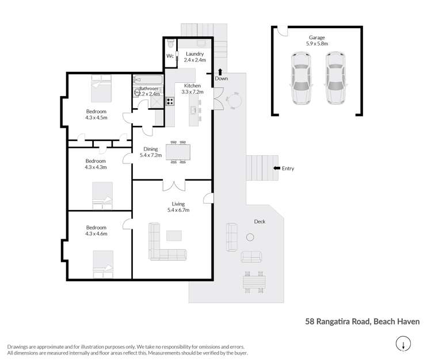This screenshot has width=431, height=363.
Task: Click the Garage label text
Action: coord(316,38)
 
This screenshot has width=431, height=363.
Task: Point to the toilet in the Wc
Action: coord(170,45)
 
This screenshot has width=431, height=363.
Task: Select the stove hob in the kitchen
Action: coord(170,101)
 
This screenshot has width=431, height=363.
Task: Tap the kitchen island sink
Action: coord(194,109)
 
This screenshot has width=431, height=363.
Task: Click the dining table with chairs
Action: coord(178,152)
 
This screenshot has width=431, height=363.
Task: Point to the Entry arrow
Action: coord(276,168)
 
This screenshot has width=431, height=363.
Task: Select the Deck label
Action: coord(260,221)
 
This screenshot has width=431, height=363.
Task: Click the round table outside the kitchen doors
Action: coord(235,101)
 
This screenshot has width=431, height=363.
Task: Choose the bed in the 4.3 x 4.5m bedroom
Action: coord(101,90)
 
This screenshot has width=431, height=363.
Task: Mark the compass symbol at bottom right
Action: coord(403,344)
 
